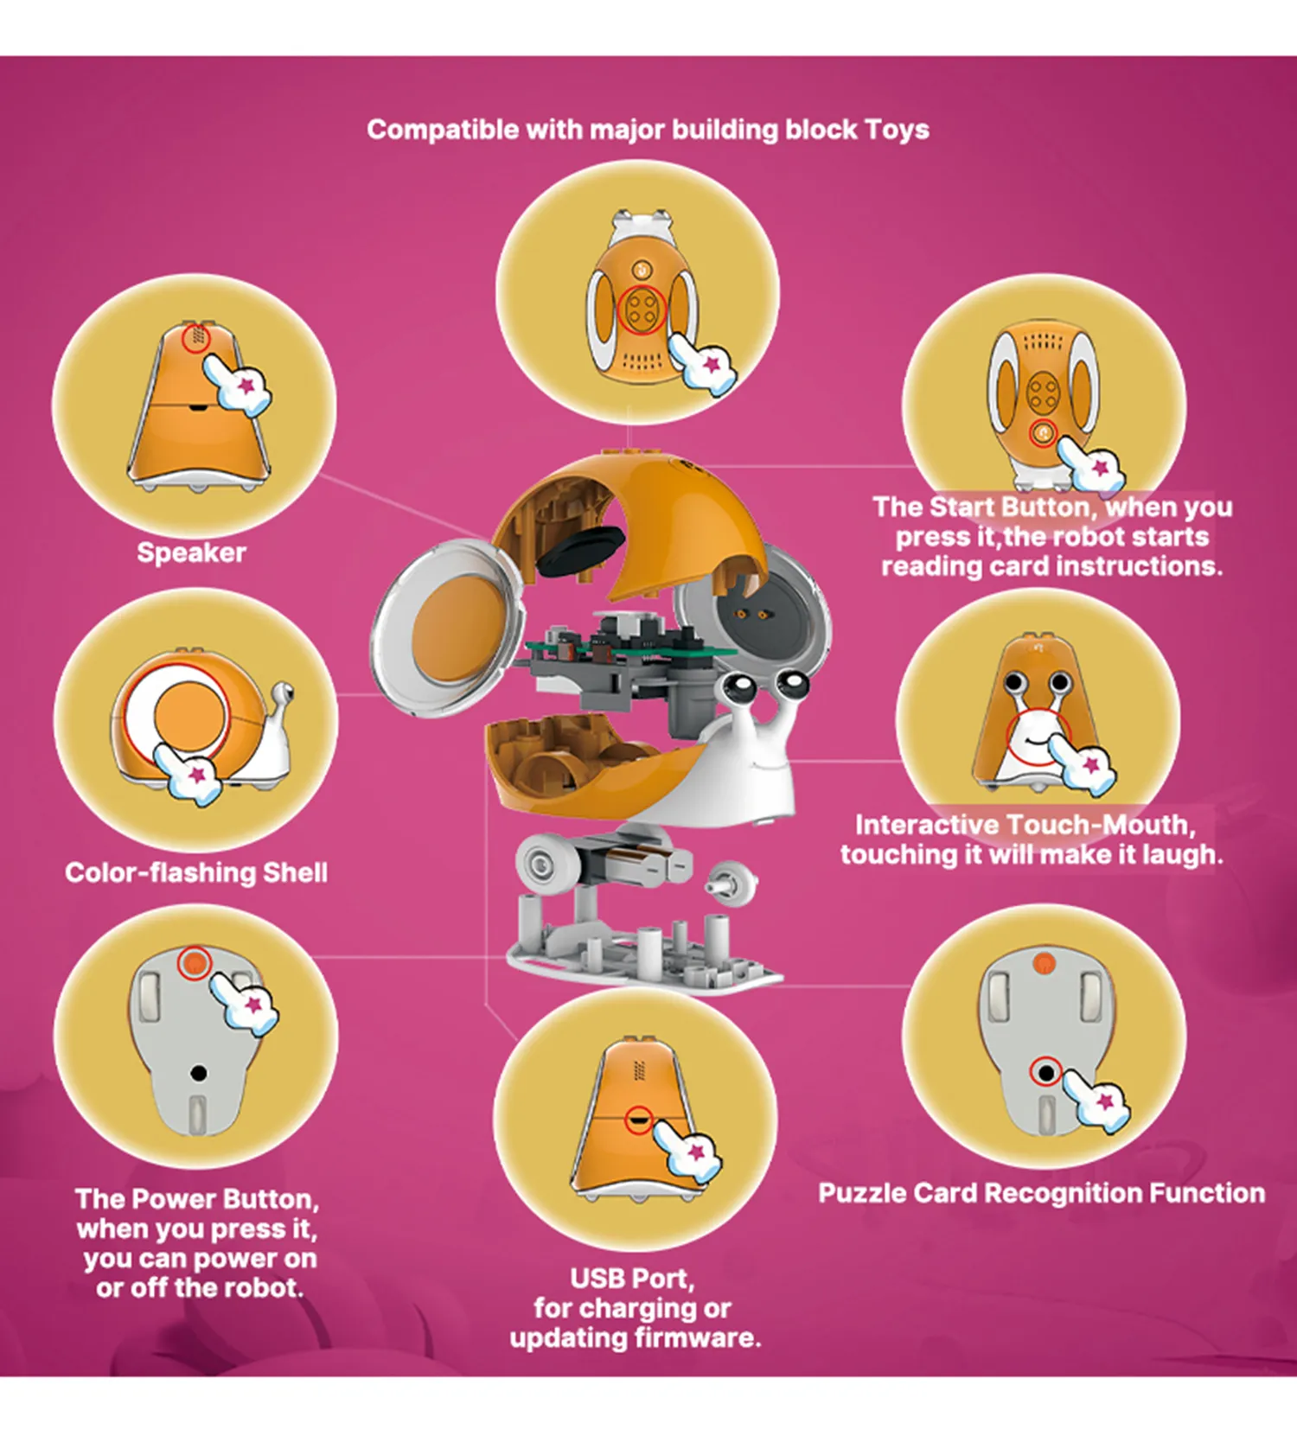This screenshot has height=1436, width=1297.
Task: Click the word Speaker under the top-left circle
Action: tap(191, 552)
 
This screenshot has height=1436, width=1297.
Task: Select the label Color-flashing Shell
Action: tap(196, 872)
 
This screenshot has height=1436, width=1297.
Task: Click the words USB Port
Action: tap(632, 1278)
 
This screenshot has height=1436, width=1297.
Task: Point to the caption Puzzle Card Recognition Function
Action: tap(1042, 1193)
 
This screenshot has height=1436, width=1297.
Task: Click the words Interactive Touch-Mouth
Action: tap(1025, 825)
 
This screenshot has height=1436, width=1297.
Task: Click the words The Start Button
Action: tap(983, 507)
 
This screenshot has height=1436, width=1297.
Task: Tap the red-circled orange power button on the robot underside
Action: tap(194, 962)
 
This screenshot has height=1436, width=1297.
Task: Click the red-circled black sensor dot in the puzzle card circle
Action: tap(1046, 1073)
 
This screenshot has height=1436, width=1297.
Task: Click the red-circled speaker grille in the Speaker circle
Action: tap(198, 336)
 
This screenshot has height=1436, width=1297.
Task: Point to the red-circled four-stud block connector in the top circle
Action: tap(642, 310)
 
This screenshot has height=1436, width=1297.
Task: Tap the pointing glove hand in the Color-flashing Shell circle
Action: tap(187, 774)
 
